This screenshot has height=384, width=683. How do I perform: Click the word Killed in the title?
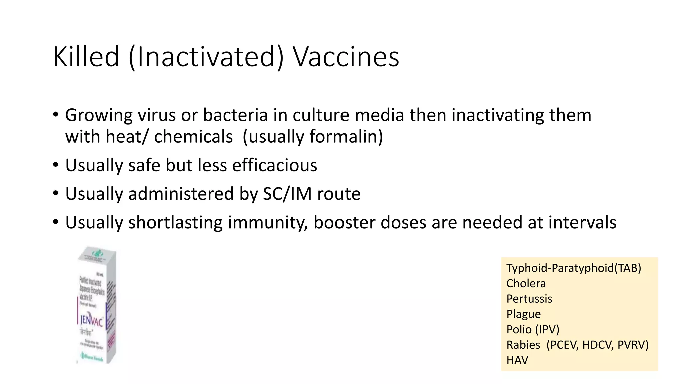86,57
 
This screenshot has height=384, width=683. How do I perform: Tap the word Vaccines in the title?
346,57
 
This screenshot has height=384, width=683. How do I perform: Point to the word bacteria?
235,115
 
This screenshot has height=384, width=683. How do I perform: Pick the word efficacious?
274,165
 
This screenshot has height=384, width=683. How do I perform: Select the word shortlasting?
175,222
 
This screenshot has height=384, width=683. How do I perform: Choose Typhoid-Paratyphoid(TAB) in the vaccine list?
574,268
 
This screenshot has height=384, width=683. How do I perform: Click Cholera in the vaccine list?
526,283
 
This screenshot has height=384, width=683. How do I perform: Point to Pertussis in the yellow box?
529,299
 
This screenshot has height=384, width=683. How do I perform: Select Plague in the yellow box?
523,314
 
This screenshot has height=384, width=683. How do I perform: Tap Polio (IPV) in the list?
533,329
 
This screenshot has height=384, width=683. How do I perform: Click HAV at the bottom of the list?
517,360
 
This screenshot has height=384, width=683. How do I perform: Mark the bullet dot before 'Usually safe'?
56,165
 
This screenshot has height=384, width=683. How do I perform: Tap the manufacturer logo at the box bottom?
91,358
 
